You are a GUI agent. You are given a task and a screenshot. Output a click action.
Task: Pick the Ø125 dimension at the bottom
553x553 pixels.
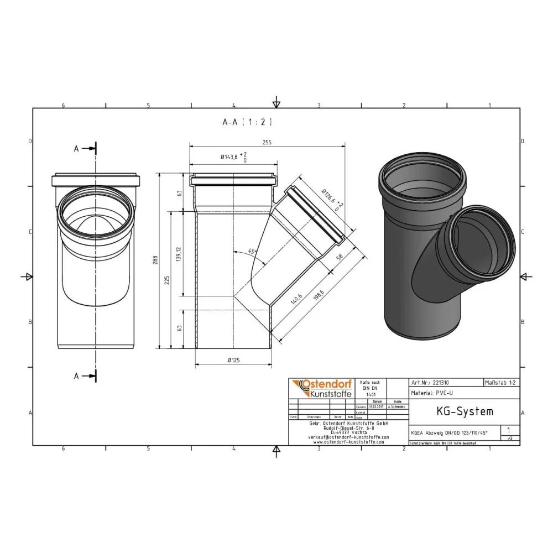click(x=233, y=361)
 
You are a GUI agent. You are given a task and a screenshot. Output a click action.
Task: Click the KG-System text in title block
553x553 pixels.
click(x=457, y=411)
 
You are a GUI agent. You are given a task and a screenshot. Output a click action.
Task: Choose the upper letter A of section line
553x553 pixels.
click(x=77, y=148)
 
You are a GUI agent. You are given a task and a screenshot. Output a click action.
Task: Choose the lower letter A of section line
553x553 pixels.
click(x=77, y=376)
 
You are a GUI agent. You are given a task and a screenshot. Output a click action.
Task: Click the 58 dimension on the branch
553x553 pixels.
click(x=338, y=257)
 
